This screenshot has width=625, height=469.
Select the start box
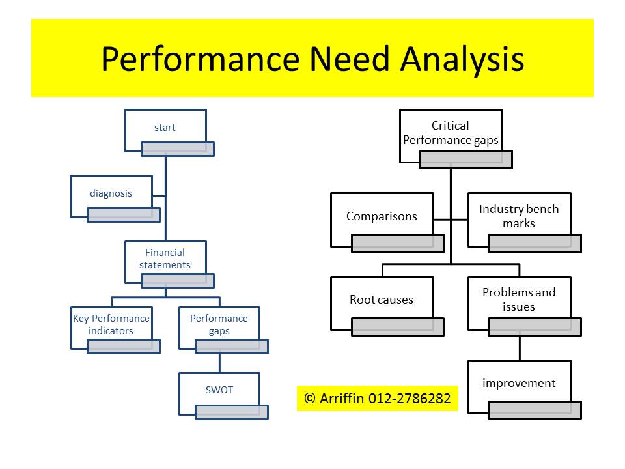pos(165,128)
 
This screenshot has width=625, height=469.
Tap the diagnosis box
pos(111,193)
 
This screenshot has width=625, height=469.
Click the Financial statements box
pos(165,259)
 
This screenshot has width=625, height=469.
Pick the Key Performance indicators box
pos(111,324)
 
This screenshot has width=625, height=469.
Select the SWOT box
pos(219,390)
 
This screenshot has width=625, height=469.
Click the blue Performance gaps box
pos(219,324)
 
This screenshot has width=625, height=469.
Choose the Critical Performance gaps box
pos(451,133)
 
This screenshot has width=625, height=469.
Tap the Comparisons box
pos(382,217)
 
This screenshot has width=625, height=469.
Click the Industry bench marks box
pos(519,217)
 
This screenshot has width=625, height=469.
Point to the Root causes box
pos(382,300)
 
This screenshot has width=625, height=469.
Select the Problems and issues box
pos(519,300)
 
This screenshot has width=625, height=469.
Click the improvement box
pos(519,383)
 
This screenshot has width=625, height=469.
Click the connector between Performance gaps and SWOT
pos(219,363)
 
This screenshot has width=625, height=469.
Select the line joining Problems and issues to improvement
pos(520,348)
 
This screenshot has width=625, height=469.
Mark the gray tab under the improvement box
pos(535,410)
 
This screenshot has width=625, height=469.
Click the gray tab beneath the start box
pos(178,149)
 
